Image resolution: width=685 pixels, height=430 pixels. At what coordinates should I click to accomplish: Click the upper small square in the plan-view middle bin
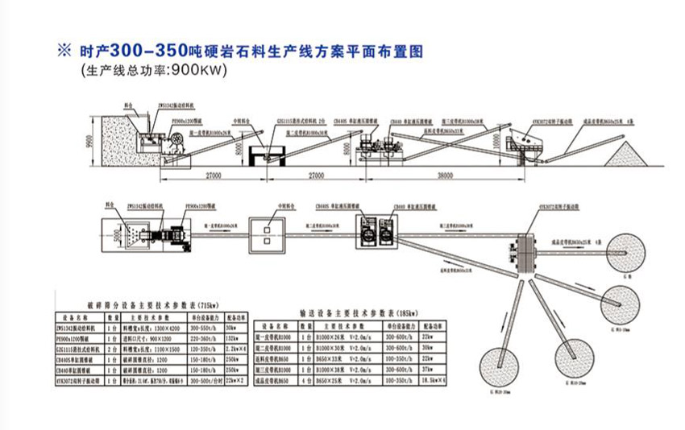click(x=264, y=229)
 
